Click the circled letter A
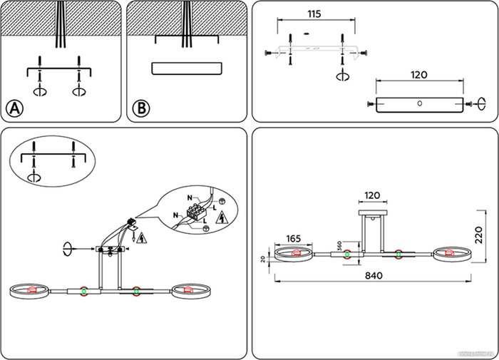point(14,108)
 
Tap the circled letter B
point(142,108)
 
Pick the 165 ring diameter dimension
point(294,239)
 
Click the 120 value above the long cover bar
point(419,74)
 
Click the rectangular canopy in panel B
point(187,69)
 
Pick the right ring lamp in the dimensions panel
point(451,253)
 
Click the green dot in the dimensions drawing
point(347,254)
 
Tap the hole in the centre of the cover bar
point(419,103)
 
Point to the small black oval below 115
point(306,32)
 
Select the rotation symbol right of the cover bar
point(483,104)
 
